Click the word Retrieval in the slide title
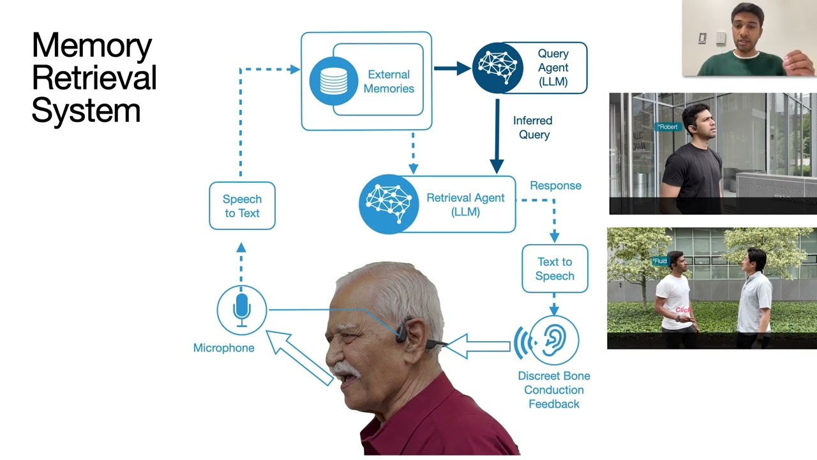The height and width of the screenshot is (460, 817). (94, 78)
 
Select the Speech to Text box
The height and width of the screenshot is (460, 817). (242, 206)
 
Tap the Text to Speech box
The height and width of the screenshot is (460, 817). (555, 269)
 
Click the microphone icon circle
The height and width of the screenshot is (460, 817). (241, 310)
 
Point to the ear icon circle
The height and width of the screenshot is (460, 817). (553, 341)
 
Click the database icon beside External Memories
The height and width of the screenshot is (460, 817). (333, 81)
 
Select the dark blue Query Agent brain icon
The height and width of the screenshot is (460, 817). (497, 68)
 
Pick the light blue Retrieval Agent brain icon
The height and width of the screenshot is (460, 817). (388, 204)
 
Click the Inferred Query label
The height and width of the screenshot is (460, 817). (533, 128)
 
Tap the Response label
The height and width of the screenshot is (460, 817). (555, 186)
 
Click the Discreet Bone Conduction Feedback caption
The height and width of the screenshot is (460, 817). (553, 390)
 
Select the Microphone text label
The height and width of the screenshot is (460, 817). (223, 348)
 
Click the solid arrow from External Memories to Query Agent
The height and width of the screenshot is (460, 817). (452, 68)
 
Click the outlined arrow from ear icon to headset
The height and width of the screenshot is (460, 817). (479, 346)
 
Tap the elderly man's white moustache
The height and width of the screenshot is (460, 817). (347, 369)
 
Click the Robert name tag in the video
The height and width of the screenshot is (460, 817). (668, 127)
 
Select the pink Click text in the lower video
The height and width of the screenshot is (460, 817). (683, 310)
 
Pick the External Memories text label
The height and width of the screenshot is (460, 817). (389, 82)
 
